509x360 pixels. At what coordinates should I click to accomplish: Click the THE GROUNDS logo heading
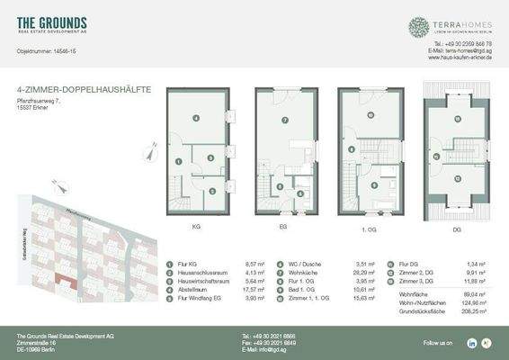[x=52, y=22]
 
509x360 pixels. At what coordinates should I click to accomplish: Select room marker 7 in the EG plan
[x=284, y=120]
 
